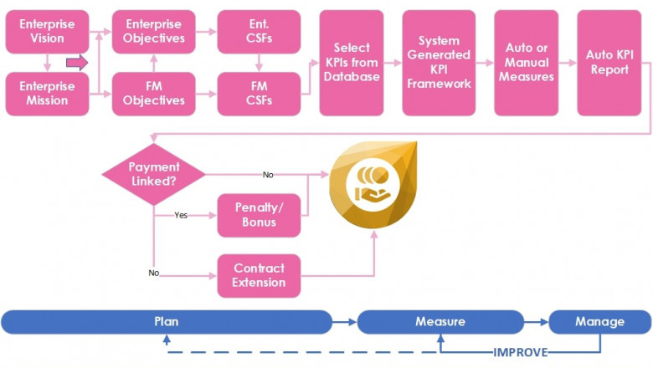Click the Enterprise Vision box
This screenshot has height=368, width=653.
coord(47,32)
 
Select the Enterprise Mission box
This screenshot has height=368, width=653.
coord(47,93)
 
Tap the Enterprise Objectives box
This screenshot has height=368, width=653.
coord(153,32)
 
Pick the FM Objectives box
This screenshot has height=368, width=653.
coord(153,93)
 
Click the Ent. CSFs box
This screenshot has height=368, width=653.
coord(259,32)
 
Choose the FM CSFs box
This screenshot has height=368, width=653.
coord(259,93)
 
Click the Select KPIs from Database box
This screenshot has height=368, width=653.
coord(351,63)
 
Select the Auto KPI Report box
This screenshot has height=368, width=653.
coord(609,63)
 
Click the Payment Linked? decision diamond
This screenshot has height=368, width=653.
coord(153,174)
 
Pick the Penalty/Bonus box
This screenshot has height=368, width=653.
coord(259,215)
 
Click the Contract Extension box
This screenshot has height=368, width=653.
coord(259,275)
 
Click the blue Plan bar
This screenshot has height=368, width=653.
coord(167,321)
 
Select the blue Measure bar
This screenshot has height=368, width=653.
coord(440,321)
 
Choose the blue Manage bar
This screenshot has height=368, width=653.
coord(599,321)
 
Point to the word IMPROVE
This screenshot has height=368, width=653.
coord(520,352)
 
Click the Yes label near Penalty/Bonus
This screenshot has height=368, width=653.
coord(181,215)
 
